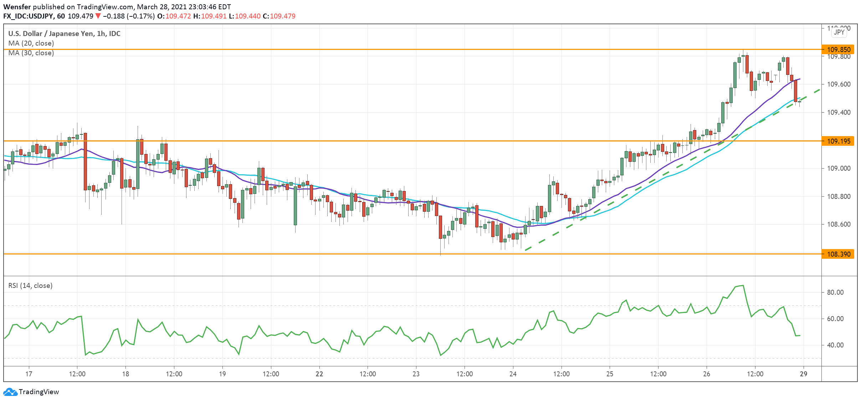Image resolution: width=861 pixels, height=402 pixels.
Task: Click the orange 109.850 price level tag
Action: point(838,50)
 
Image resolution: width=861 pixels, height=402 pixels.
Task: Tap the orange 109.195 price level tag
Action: point(838,141)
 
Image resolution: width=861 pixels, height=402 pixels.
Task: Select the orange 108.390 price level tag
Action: point(838,254)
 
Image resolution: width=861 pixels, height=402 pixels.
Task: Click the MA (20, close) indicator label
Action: point(31,43)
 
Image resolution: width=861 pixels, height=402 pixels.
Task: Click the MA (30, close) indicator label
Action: point(31,53)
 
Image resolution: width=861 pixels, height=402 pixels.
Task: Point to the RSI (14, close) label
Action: point(30,285)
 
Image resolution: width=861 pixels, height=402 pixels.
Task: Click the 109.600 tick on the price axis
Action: point(839,84)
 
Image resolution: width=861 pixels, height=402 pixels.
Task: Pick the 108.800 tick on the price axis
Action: point(839,196)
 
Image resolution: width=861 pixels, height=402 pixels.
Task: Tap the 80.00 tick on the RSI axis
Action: point(835,292)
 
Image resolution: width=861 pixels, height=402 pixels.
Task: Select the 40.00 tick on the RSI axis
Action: point(835,345)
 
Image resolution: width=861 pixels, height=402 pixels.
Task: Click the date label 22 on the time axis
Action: point(319,374)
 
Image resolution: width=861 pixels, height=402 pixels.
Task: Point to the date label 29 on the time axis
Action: point(803,374)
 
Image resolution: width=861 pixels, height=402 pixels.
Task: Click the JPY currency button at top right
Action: point(839,32)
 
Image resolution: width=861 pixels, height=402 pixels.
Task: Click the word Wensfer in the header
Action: point(17,7)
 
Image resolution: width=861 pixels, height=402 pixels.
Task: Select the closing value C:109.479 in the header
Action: point(279,16)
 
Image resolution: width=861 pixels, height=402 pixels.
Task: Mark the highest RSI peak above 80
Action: point(743,285)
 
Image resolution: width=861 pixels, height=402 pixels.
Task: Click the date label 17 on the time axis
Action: point(29,374)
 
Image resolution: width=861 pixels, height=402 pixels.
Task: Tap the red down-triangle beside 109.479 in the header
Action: point(98,16)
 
